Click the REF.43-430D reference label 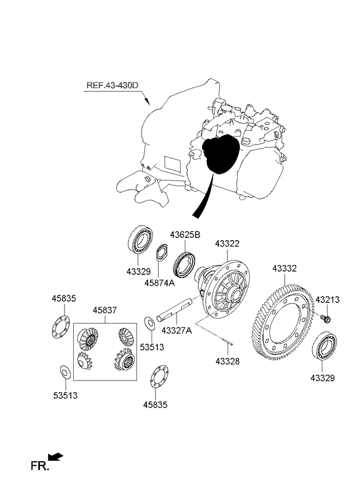tap(113, 85)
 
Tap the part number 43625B tap(185, 235)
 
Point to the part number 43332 tap(285, 269)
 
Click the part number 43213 tap(327, 299)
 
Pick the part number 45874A tap(160, 284)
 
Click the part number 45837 tap(104, 311)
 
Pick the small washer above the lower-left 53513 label tap(64, 371)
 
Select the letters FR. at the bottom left tap(39, 465)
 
